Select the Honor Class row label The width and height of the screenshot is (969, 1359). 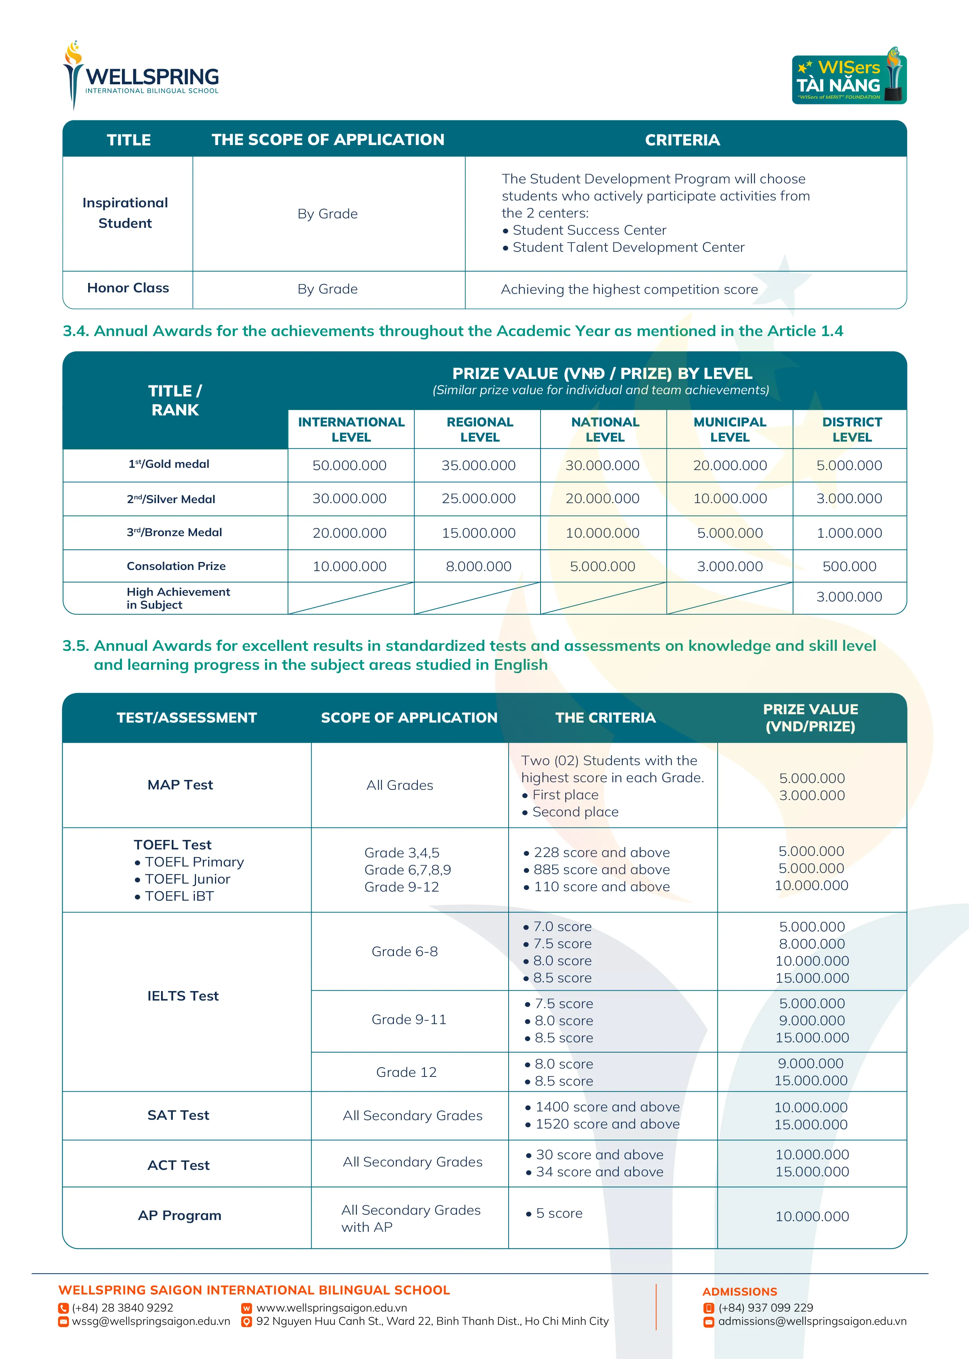pyautogui.click(x=128, y=288)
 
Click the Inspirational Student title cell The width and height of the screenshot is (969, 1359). pyautogui.click(x=125, y=213)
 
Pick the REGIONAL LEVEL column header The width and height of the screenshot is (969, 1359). pyautogui.click(x=480, y=429)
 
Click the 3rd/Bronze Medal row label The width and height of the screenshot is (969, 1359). pyautogui.click(x=174, y=532)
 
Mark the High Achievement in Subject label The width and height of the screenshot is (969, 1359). pyautogui.click(x=178, y=598)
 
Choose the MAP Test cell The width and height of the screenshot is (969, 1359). pyautogui.click(x=180, y=785)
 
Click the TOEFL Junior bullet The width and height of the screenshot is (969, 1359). pyautogui.click(x=187, y=879)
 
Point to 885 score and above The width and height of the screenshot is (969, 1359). pyautogui.click(x=601, y=870)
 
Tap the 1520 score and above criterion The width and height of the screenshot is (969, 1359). pyautogui.click(x=607, y=1124)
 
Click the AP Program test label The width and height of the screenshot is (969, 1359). pyautogui.click(x=180, y=1215)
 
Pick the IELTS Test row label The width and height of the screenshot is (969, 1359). pyautogui.click(x=183, y=996)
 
